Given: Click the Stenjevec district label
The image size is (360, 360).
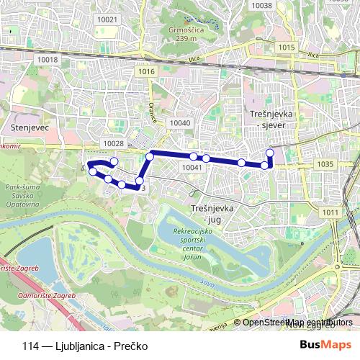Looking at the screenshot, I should click(30, 127).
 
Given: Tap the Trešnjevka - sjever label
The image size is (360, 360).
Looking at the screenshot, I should click(269, 120).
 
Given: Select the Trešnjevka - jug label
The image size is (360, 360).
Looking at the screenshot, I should click(211, 213).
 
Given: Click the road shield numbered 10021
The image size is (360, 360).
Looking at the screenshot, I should click(107, 19).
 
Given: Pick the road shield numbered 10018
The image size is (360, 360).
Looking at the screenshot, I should click(48, 60).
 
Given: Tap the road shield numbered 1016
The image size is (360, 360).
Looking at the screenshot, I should click(148, 71).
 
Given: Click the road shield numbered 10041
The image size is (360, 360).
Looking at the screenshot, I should click(191, 167).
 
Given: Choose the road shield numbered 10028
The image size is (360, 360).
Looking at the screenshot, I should click(114, 144).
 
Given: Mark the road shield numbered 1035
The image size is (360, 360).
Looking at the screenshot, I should click(325, 164).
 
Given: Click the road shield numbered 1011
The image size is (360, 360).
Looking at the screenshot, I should click(330, 212).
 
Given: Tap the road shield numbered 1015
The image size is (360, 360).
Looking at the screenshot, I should click(287, 48).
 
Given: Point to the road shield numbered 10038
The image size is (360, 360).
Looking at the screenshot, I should click(261, 5).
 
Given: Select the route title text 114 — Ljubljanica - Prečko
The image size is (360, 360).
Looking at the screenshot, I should click(85, 346).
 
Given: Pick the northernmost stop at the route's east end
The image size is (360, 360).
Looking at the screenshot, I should click(270, 152).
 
